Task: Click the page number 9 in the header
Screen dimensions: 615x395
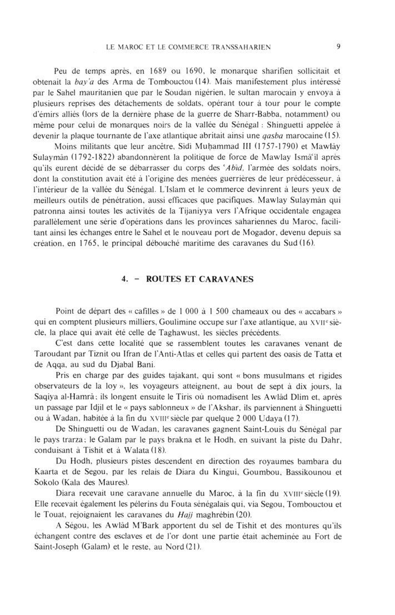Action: pos(338,47)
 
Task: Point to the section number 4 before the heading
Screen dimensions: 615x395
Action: pos(124,280)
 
